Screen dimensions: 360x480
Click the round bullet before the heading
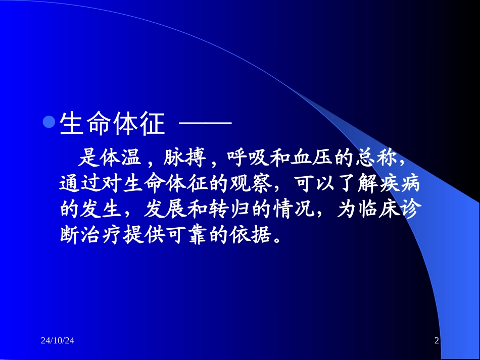[x=49, y=123]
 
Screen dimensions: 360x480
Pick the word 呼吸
[x=249, y=159]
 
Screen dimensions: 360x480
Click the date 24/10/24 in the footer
[x=58, y=342]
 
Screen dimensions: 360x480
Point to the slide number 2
[x=437, y=342]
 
